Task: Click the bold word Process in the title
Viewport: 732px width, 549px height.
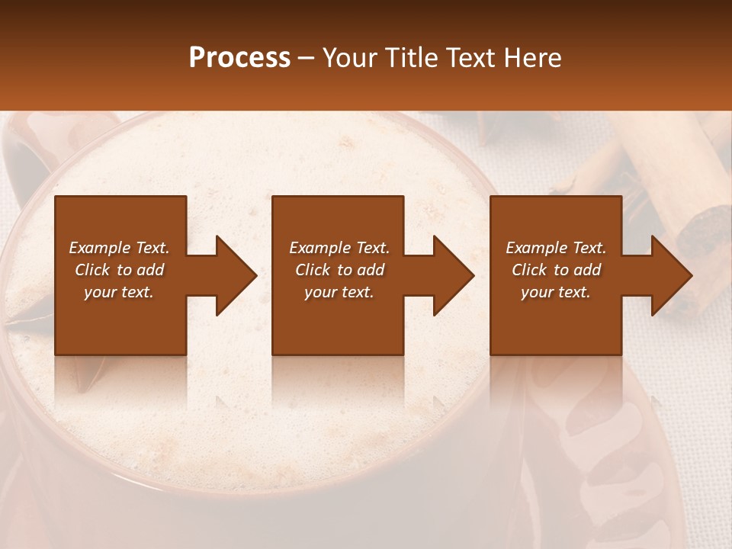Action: (x=239, y=58)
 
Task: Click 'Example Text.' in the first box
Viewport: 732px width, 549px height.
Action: (x=119, y=248)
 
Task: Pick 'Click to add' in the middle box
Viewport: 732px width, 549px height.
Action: (x=339, y=270)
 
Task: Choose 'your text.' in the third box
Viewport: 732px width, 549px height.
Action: (x=556, y=292)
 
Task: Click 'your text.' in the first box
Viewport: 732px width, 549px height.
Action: (x=119, y=292)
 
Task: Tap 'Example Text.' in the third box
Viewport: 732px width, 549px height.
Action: (x=556, y=248)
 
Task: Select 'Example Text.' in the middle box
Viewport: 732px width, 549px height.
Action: (x=339, y=248)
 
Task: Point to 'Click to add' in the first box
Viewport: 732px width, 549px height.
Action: (x=119, y=270)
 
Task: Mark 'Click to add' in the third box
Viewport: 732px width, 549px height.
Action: (x=556, y=270)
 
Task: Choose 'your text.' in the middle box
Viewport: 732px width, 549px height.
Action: (x=339, y=292)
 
